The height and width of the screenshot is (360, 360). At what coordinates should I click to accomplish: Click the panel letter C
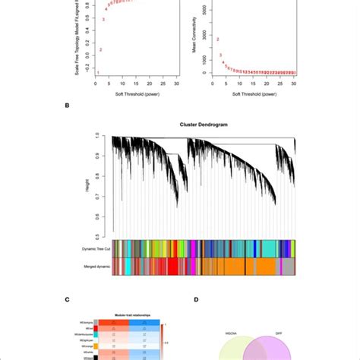(x=67, y=299)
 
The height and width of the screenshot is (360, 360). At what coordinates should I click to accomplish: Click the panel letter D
(x=196, y=299)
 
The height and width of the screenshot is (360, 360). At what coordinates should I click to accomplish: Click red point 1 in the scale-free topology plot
(x=97, y=72)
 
